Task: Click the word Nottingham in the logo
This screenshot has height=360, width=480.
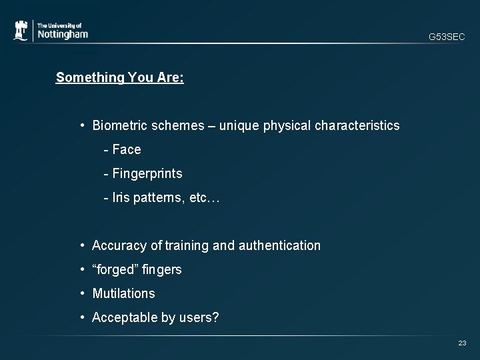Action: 62,34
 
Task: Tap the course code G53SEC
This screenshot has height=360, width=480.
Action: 447,37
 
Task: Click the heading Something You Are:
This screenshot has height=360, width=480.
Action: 120,77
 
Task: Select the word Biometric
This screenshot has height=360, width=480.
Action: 118,125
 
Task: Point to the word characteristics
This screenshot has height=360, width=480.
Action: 357,125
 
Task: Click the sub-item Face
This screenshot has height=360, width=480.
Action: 127,149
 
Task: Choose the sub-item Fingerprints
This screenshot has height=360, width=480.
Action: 147,173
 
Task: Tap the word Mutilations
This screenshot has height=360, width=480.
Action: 123,293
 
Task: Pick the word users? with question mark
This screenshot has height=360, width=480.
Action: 199,317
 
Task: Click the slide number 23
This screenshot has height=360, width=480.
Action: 462,343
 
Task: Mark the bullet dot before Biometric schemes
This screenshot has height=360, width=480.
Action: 81,125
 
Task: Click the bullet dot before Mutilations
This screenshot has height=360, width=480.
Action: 81,293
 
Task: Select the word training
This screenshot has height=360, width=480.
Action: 187,245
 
